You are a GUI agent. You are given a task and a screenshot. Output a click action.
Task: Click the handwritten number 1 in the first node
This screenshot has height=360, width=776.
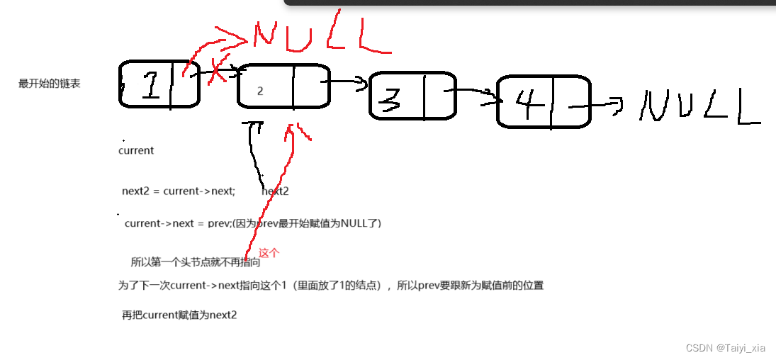(x=150, y=86)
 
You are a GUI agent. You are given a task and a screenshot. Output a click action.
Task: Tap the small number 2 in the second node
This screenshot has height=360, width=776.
(x=260, y=91)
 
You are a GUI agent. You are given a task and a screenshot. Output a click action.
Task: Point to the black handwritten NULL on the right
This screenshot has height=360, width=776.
(x=698, y=106)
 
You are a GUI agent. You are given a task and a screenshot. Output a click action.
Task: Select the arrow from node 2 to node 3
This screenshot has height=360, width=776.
(x=347, y=83)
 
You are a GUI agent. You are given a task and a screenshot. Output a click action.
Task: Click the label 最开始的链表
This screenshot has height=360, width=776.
(x=50, y=84)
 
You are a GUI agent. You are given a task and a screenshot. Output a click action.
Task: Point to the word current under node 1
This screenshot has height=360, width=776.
(x=136, y=150)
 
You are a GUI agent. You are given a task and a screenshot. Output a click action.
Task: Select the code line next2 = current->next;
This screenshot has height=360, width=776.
(x=179, y=191)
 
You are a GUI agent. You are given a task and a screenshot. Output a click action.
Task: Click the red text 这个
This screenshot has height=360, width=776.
(x=269, y=252)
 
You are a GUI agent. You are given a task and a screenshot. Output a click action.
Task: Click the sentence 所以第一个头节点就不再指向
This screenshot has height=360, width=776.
(x=195, y=262)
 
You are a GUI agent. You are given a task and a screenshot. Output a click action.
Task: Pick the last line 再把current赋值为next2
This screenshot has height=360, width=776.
(x=179, y=315)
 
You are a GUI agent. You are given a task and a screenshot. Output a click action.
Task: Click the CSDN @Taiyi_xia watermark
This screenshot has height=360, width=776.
(x=726, y=348)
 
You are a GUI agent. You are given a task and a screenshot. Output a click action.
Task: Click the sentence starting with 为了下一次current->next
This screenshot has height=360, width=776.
(x=331, y=286)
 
